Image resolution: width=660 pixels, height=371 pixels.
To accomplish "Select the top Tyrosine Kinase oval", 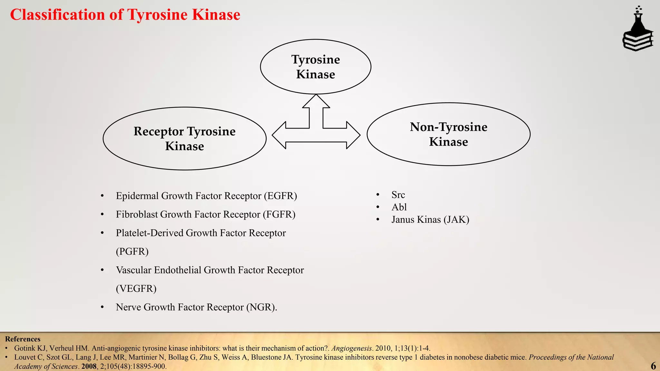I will click(x=315, y=67).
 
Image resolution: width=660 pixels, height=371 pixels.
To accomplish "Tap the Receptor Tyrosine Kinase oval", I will click(x=184, y=138).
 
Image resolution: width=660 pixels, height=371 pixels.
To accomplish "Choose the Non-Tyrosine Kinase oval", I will click(x=448, y=134).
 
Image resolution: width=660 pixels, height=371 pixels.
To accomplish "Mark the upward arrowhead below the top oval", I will click(x=316, y=101).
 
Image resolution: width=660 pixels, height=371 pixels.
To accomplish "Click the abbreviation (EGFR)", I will click(x=280, y=196).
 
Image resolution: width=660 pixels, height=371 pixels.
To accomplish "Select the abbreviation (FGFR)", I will click(x=279, y=214).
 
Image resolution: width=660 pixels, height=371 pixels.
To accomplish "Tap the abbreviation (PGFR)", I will click(x=132, y=252).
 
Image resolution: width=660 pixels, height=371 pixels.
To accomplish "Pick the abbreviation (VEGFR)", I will click(x=136, y=289).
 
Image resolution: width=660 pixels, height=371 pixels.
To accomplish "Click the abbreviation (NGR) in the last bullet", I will click(x=261, y=307).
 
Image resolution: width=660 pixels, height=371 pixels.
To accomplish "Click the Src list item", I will click(x=398, y=195).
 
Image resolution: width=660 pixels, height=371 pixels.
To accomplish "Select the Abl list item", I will click(x=399, y=207).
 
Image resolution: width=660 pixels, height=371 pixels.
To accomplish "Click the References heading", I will click(x=23, y=339).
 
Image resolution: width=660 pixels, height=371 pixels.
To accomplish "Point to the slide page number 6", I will click(x=653, y=366).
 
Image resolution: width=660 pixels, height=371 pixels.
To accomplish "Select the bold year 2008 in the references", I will click(x=89, y=366).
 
